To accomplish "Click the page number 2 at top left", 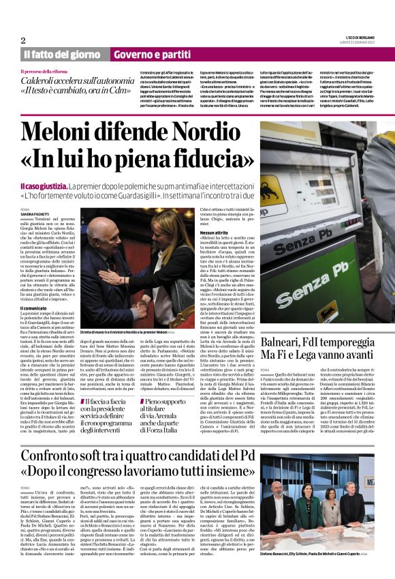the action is [x=22, y=40].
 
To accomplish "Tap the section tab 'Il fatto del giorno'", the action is [x=62, y=55].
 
